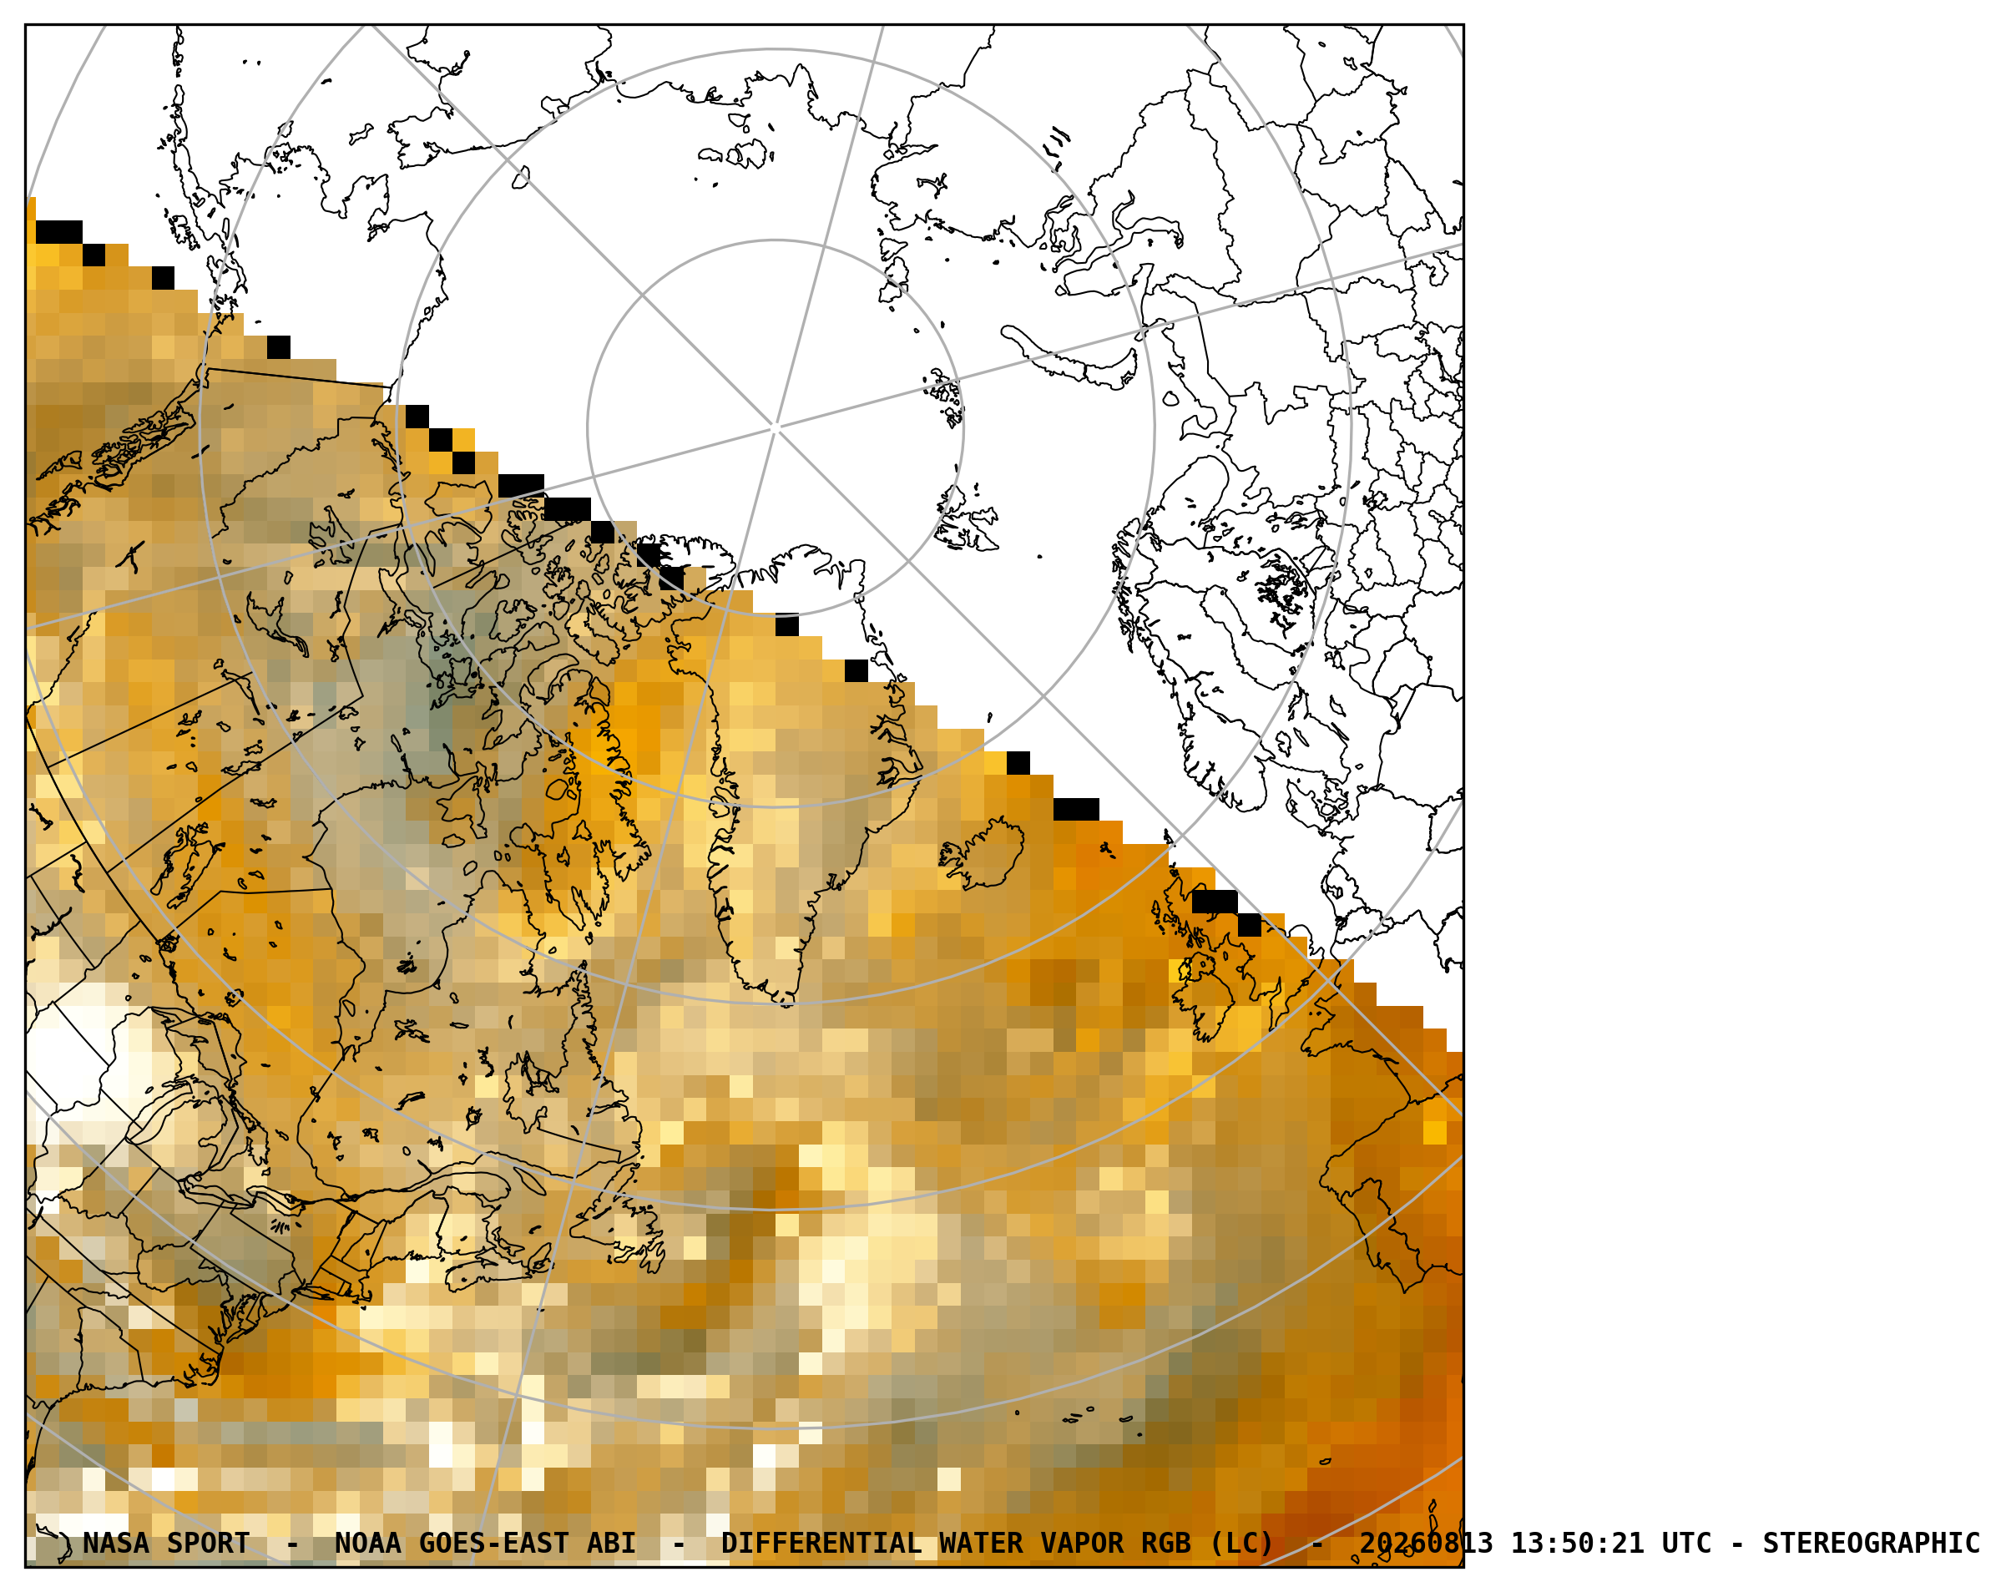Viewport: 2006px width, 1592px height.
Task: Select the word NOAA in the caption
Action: (x=367, y=1543)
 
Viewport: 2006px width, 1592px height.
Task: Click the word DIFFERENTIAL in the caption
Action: (x=821, y=1543)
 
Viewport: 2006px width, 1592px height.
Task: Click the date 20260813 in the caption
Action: (x=1426, y=1543)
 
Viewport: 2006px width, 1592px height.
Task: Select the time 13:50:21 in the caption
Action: (x=1576, y=1543)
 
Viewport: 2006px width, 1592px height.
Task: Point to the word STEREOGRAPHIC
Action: (x=1871, y=1543)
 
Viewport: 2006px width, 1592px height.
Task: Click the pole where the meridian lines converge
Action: (x=775, y=428)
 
